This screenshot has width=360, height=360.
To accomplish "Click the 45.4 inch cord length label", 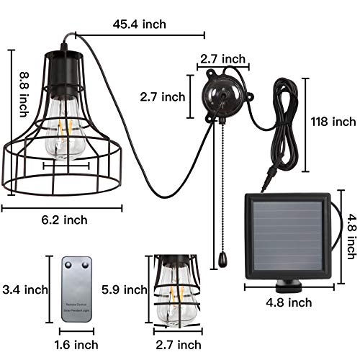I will [140, 24].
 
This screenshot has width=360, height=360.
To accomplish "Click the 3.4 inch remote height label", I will [25, 290].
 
